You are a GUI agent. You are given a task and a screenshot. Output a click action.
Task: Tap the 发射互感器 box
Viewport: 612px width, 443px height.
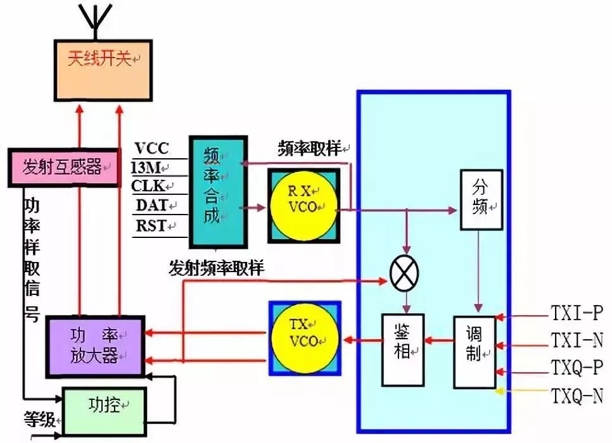click(x=63, y=168)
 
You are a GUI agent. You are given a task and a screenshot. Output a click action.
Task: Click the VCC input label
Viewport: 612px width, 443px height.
click(x=152, y=149)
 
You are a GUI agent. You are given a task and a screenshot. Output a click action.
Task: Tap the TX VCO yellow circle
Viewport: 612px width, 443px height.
click(x=304, y=335)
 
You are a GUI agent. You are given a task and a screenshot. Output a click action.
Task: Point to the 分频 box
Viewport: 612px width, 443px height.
click(x=481, y=199)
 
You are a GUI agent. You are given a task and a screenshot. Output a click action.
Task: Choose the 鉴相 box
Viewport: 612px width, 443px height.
click(x=403, y=349)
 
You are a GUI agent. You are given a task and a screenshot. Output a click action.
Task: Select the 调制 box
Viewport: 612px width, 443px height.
click(x=475, y=351)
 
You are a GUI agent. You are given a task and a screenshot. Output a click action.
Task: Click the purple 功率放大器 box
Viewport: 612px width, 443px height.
click(x=95, y=347)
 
